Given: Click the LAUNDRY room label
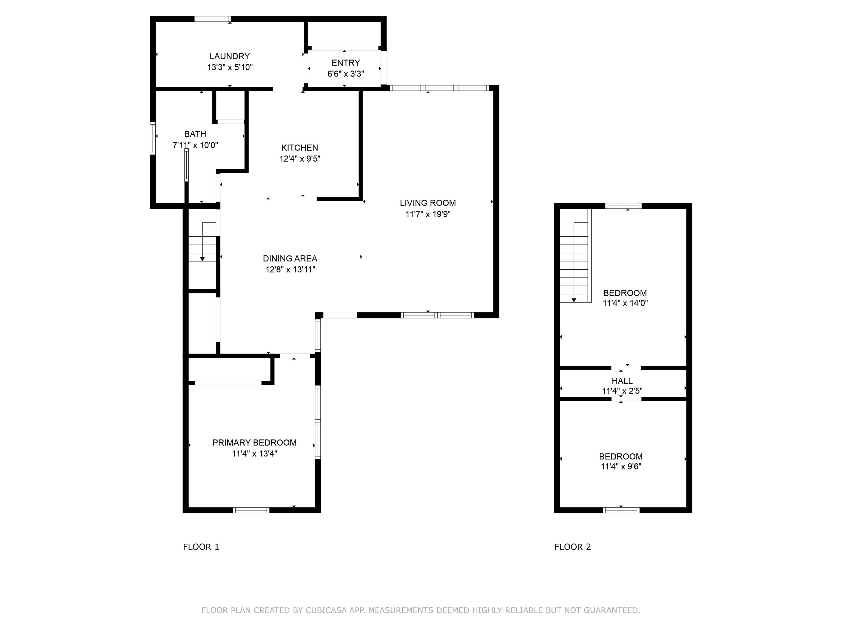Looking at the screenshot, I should (229, 57).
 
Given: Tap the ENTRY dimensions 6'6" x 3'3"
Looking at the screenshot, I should (346, 74).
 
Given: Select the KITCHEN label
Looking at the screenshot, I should (300, 148).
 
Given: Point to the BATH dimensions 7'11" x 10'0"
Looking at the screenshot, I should (195, 145).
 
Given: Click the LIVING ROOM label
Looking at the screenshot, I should (428, 203).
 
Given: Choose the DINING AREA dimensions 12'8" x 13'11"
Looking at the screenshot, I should (290, 270).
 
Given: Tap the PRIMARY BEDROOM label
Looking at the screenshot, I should (254, 443).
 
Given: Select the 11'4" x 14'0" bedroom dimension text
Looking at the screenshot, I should (625, 303).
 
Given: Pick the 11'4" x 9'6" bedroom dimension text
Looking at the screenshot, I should (621, 467).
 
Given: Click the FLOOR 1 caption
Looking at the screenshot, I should (201, 547).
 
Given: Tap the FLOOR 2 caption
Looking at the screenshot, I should (573, 547).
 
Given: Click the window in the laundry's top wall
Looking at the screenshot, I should (212, 19).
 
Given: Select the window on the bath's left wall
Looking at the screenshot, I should (153, 138).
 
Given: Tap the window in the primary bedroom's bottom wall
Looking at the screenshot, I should (251, 510).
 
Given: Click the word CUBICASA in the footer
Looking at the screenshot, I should (326, 611).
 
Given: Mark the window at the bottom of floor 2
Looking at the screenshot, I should (621, 510).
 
